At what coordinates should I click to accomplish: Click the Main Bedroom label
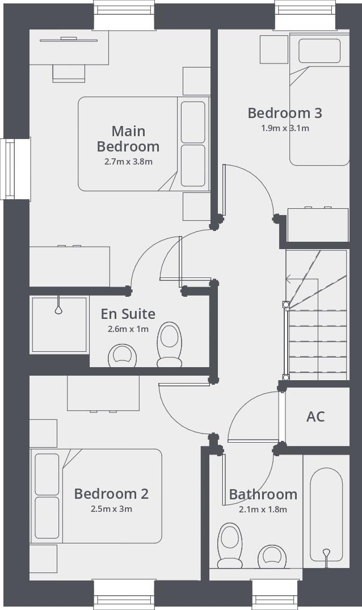pyautogui.click(x=128, y=138)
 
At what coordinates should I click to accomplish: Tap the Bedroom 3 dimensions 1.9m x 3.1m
pyautogui.click(x=285, y=128)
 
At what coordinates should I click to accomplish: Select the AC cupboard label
pyautogui.click(x=315, y=417)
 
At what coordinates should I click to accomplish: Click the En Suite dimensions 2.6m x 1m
pyautogui.click(x=128, y=329)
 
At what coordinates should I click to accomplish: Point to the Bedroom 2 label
pyautogui.click(x=111, y=494)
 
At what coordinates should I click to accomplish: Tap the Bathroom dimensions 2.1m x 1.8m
pyautogui.click(x=263, y=510)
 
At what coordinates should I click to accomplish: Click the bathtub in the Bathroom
pyautogui.click(x=326, y=516)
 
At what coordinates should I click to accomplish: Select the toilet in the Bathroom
pyautogui.click(x=230, y=546)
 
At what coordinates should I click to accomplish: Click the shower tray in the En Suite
pyautogui.click(x=59, y=324)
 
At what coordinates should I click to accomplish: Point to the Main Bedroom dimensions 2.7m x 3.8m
pyautogui.click(x=128, y=162)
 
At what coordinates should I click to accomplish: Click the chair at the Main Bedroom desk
pyautogui.click(x=69, y=73)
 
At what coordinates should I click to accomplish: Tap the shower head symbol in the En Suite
pyautogui.click(x=58, y=310)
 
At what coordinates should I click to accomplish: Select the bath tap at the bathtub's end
pyautogui.click(x=326, y=553)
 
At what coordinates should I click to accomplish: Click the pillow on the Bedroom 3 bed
pyautogui.click(x=319, y=51)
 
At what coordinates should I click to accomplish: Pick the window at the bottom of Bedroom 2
pyautogui.click(x=124, y=594)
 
